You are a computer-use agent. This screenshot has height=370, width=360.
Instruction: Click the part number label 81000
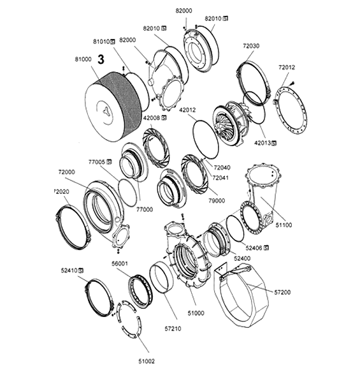tap(83, 60)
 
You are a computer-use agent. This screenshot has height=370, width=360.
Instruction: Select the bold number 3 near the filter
tap(101, 61)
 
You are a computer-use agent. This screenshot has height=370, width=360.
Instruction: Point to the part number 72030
tap(250, 46)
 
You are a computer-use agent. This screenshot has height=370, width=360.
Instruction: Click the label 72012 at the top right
tap(287, 66)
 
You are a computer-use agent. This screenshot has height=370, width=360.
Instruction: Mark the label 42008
tap(155, 118)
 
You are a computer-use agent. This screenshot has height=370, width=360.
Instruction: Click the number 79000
tap(217, 200)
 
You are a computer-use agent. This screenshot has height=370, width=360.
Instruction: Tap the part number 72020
tap(61, 191)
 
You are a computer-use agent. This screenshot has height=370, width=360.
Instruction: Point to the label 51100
tap(282, 225)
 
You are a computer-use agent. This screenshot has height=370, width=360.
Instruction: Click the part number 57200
tap(283, 292)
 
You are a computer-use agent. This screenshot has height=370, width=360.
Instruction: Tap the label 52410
tap(69, 270)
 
